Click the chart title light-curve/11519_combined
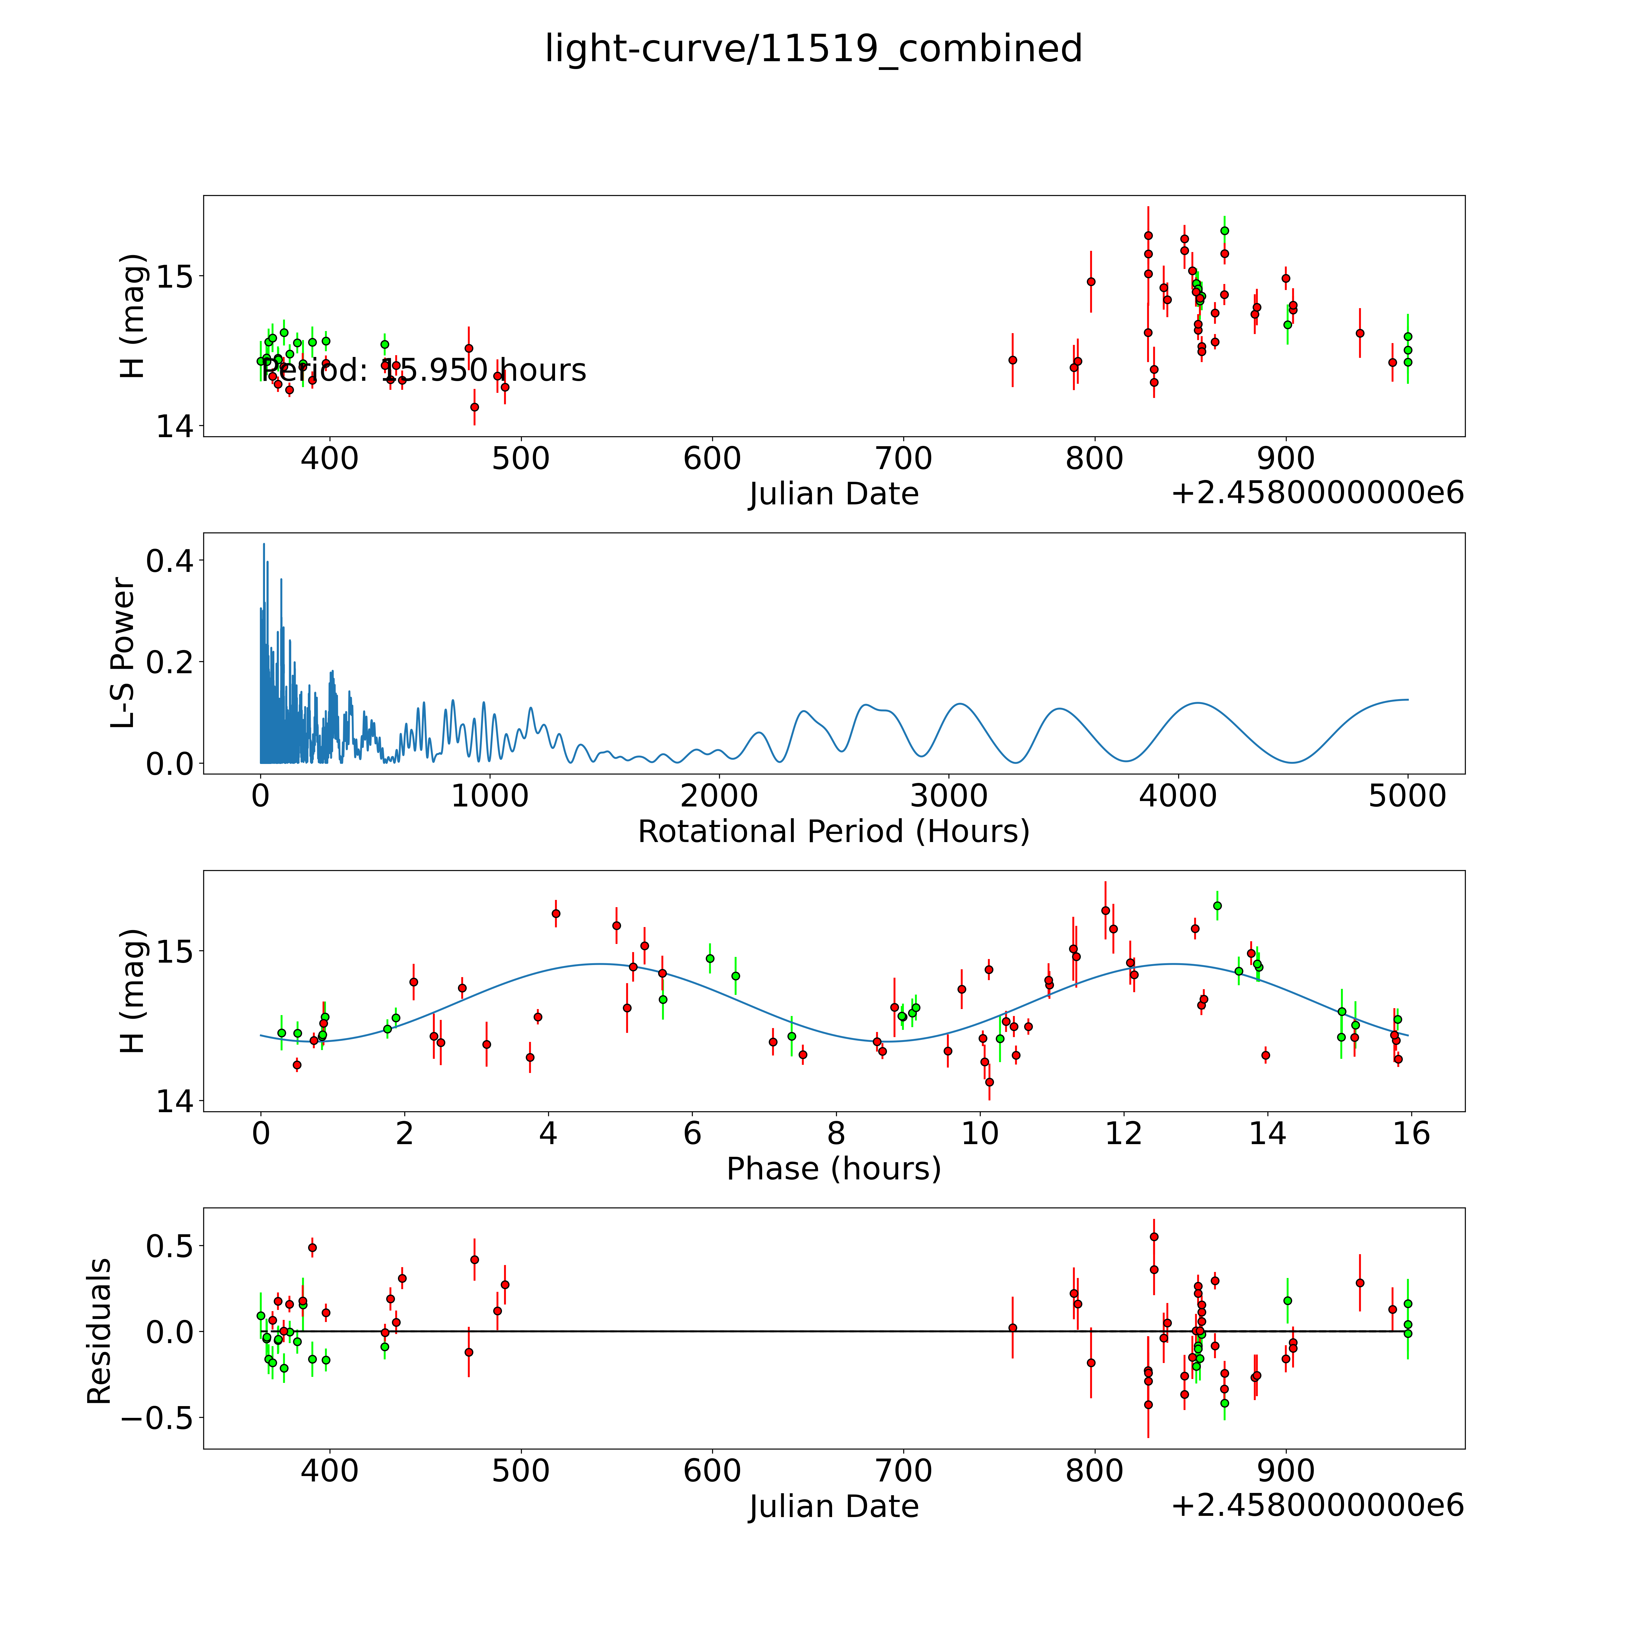click(813, 49)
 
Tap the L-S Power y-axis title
click(123, 653)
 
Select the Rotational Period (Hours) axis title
click(833, 832)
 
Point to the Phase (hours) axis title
click(833, 1169)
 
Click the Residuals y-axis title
click(99, 1331)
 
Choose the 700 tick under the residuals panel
click(904, 1471)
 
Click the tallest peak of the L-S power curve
click(264, 544)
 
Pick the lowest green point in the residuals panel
click(1224, 1403)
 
